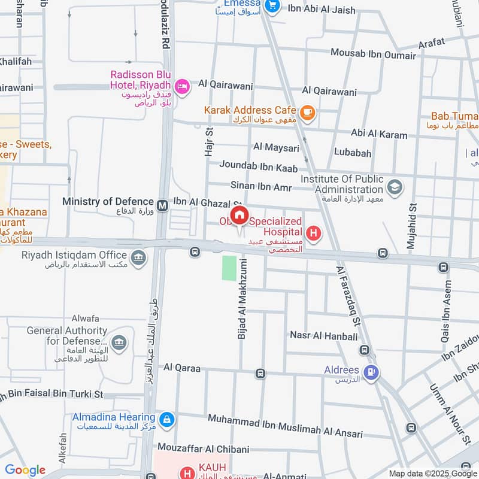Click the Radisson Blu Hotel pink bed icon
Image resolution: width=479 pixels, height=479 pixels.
click(183, 86)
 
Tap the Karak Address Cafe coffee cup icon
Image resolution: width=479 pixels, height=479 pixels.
click(307, 111)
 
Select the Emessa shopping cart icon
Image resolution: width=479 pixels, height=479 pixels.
click(273, 6)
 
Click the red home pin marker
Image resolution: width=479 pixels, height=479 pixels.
click(239, 216)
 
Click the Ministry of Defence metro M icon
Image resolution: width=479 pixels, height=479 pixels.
click(162, 205)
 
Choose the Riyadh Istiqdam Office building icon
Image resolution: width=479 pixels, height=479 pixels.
click(138, 258)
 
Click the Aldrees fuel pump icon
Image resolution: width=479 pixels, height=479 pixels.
click(372, 372)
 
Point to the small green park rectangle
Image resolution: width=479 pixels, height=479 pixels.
click(229, 268)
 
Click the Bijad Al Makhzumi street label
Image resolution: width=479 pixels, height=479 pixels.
click(242, 304)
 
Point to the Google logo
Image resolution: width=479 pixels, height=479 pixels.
click(25, 470)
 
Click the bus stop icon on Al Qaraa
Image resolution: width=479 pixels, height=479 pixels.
click(260, 374)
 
